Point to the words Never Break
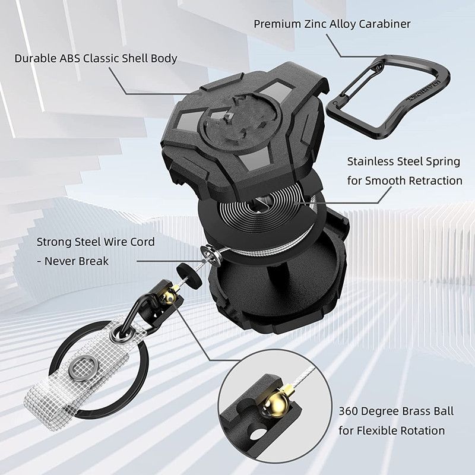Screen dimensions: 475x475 tap(77, 261)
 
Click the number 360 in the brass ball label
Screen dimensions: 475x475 tap(349, 411)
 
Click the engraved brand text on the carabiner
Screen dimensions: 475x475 tap(423, 91)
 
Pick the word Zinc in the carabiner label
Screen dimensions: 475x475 tap(314, 24)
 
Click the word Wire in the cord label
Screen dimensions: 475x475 tap(116, 242)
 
